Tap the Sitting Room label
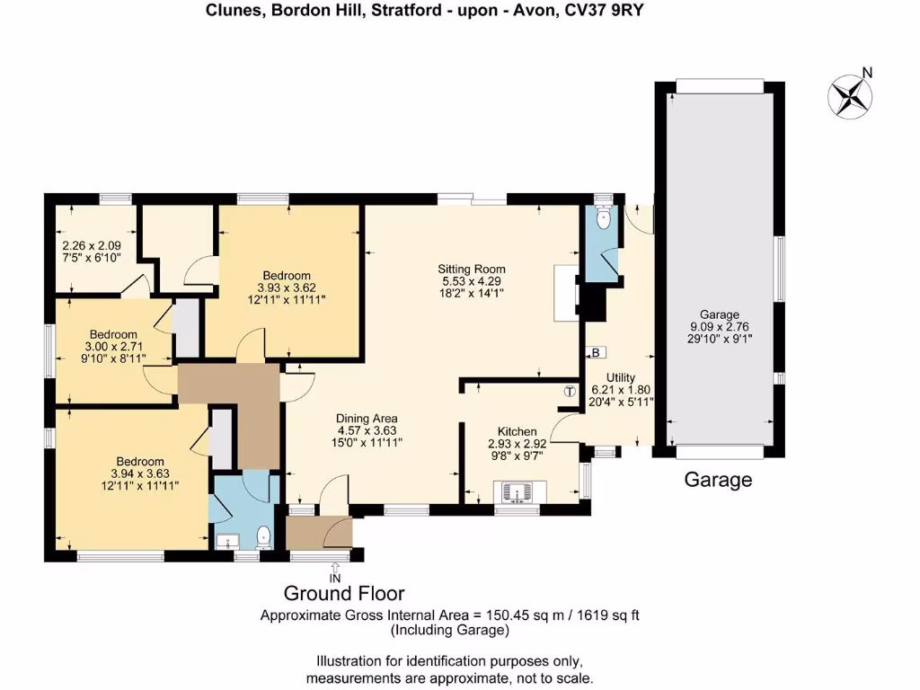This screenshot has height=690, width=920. pyautogui.click(x=471, y=269)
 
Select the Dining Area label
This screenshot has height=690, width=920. pyautogui.click(x=367, y=418)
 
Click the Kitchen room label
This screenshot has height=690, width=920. pyautogui.click(x=511, y=431)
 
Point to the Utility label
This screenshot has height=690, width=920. pyautogui.click(x=621, y=377)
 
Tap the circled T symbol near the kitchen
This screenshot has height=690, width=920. pyautogui.click(x=570, y=391)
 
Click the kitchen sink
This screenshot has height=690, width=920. pyautogui.click(x=517, y=493)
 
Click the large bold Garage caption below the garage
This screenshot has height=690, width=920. pyautogui.click(x=718, y=480)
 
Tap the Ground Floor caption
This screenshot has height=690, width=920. pyautogui.click(x=344, y=593)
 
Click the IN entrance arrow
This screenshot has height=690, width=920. pyautogui.click(x=335, y=570)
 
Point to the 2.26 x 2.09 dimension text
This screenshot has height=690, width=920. pyautogui.click(x=92, y=244)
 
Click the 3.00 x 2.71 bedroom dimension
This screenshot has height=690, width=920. pyautogui.click(x=114, y=347)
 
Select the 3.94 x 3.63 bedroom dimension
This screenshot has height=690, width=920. pyautogui.click(x=139, y=473)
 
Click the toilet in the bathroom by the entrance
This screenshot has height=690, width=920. pyautogui.click(x=263, y=537)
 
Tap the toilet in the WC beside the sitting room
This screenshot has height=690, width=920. pyautogui.click(x=603, y=218)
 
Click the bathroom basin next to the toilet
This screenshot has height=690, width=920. pyautogui.click(x=226, y=540)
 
